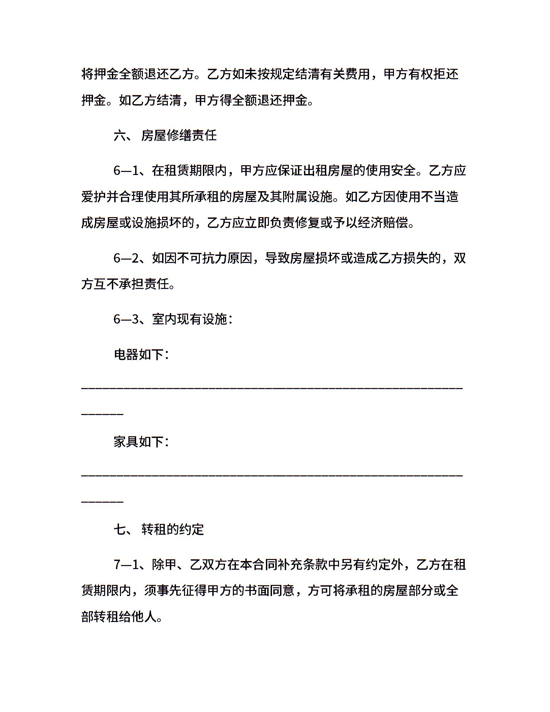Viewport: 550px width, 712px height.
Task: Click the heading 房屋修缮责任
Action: pos(179,136)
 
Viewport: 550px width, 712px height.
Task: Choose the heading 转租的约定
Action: pos(173,529)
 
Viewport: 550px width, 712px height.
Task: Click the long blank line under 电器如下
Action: pos(272,388)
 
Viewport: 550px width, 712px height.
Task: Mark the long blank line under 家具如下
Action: pos(272,475)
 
